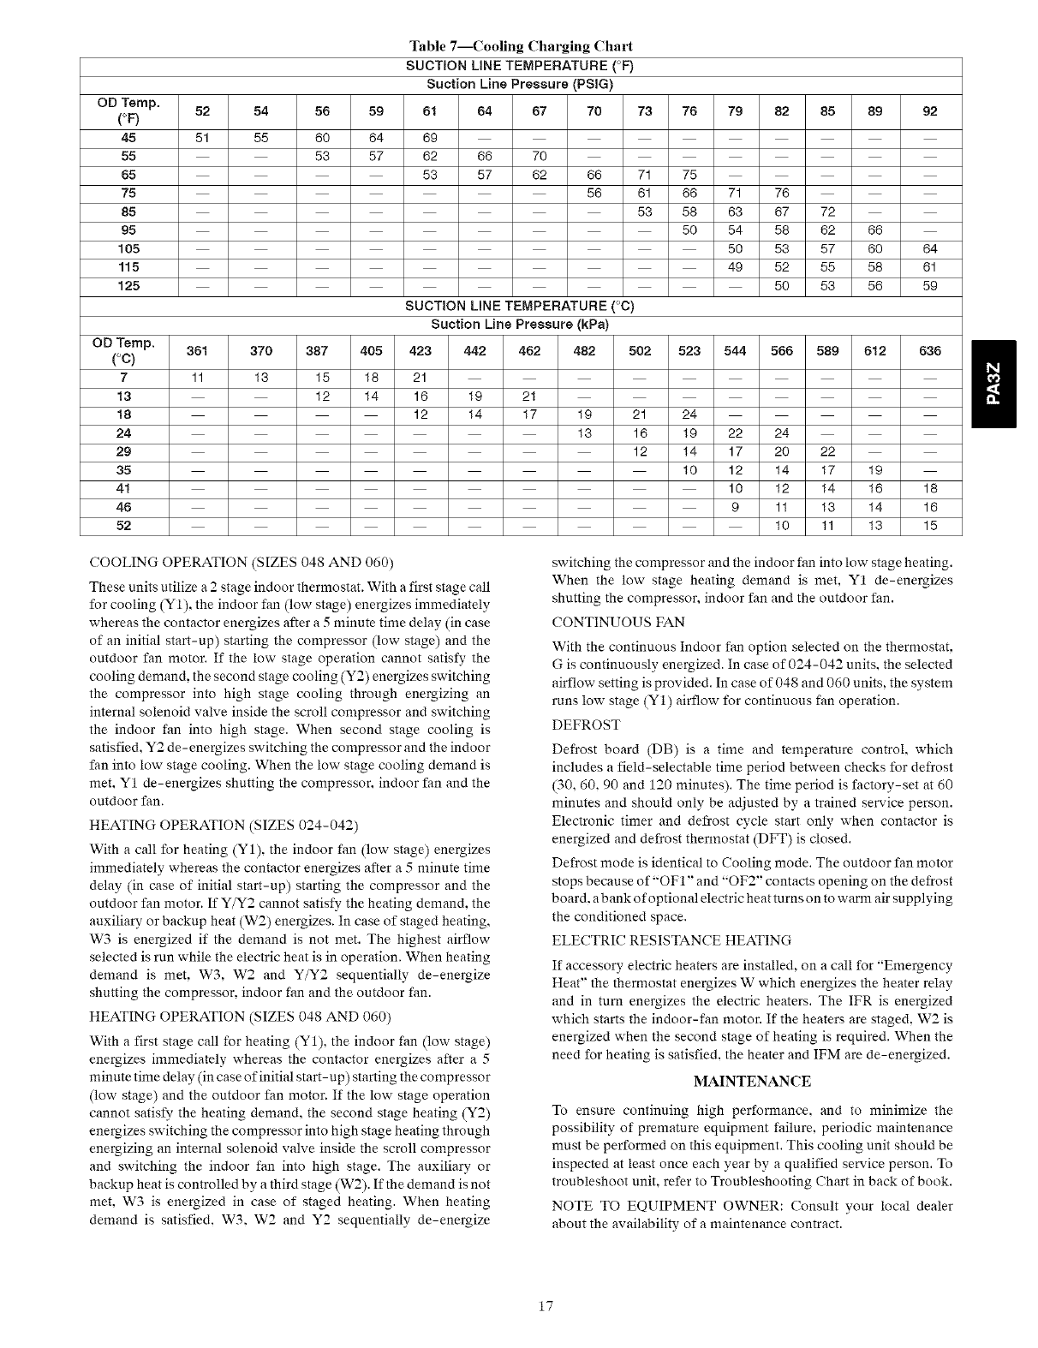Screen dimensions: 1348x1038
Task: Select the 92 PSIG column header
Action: click(x=930, y=110)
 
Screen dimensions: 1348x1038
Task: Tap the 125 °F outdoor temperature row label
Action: click(x=128, y=286)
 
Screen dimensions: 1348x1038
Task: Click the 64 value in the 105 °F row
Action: click(x=930, y=249)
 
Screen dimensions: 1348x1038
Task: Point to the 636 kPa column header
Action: click(x=930, y=351)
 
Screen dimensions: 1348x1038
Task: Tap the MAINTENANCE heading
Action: click(x=752, y=1082)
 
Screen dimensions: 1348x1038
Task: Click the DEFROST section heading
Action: click(x=587, y=725)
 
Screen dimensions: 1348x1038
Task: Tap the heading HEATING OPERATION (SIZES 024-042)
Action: click(x=224, y=825)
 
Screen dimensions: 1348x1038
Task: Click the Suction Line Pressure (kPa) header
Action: click(x=519, y=325)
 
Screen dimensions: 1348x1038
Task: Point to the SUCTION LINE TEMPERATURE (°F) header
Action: click(x=519, y=66)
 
